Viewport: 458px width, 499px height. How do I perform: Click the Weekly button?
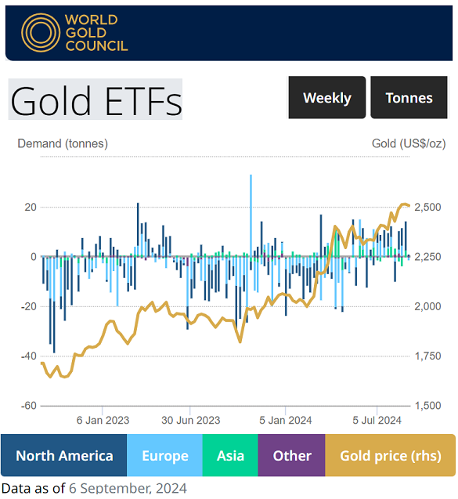coord(326,98)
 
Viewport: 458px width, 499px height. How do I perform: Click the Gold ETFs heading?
coord(96,99)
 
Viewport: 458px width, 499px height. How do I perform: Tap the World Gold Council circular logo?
coord(41,32)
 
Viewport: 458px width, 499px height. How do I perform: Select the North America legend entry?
coord(64,456)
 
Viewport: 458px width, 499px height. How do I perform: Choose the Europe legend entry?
coord(164,456)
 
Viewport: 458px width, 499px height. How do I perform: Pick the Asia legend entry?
coord(230,456)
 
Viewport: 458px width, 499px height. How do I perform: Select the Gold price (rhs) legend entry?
coord(390,456)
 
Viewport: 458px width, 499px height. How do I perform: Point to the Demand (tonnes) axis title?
coord(63,143)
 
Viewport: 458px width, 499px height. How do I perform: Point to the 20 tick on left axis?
coord(31,207)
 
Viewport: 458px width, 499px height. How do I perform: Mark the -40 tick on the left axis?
coord(28,356)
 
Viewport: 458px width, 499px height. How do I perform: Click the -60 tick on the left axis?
coord(28,406)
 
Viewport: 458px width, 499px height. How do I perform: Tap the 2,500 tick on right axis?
coord(427,207)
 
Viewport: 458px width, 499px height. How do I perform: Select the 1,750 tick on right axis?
coord(427,356)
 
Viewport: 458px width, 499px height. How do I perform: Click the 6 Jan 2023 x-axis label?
coord(103,420)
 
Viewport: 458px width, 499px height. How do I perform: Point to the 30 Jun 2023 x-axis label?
coord(191,420)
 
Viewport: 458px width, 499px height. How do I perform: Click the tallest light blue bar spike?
coord(251,204)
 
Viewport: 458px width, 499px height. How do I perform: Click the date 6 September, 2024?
coord(128,489)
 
